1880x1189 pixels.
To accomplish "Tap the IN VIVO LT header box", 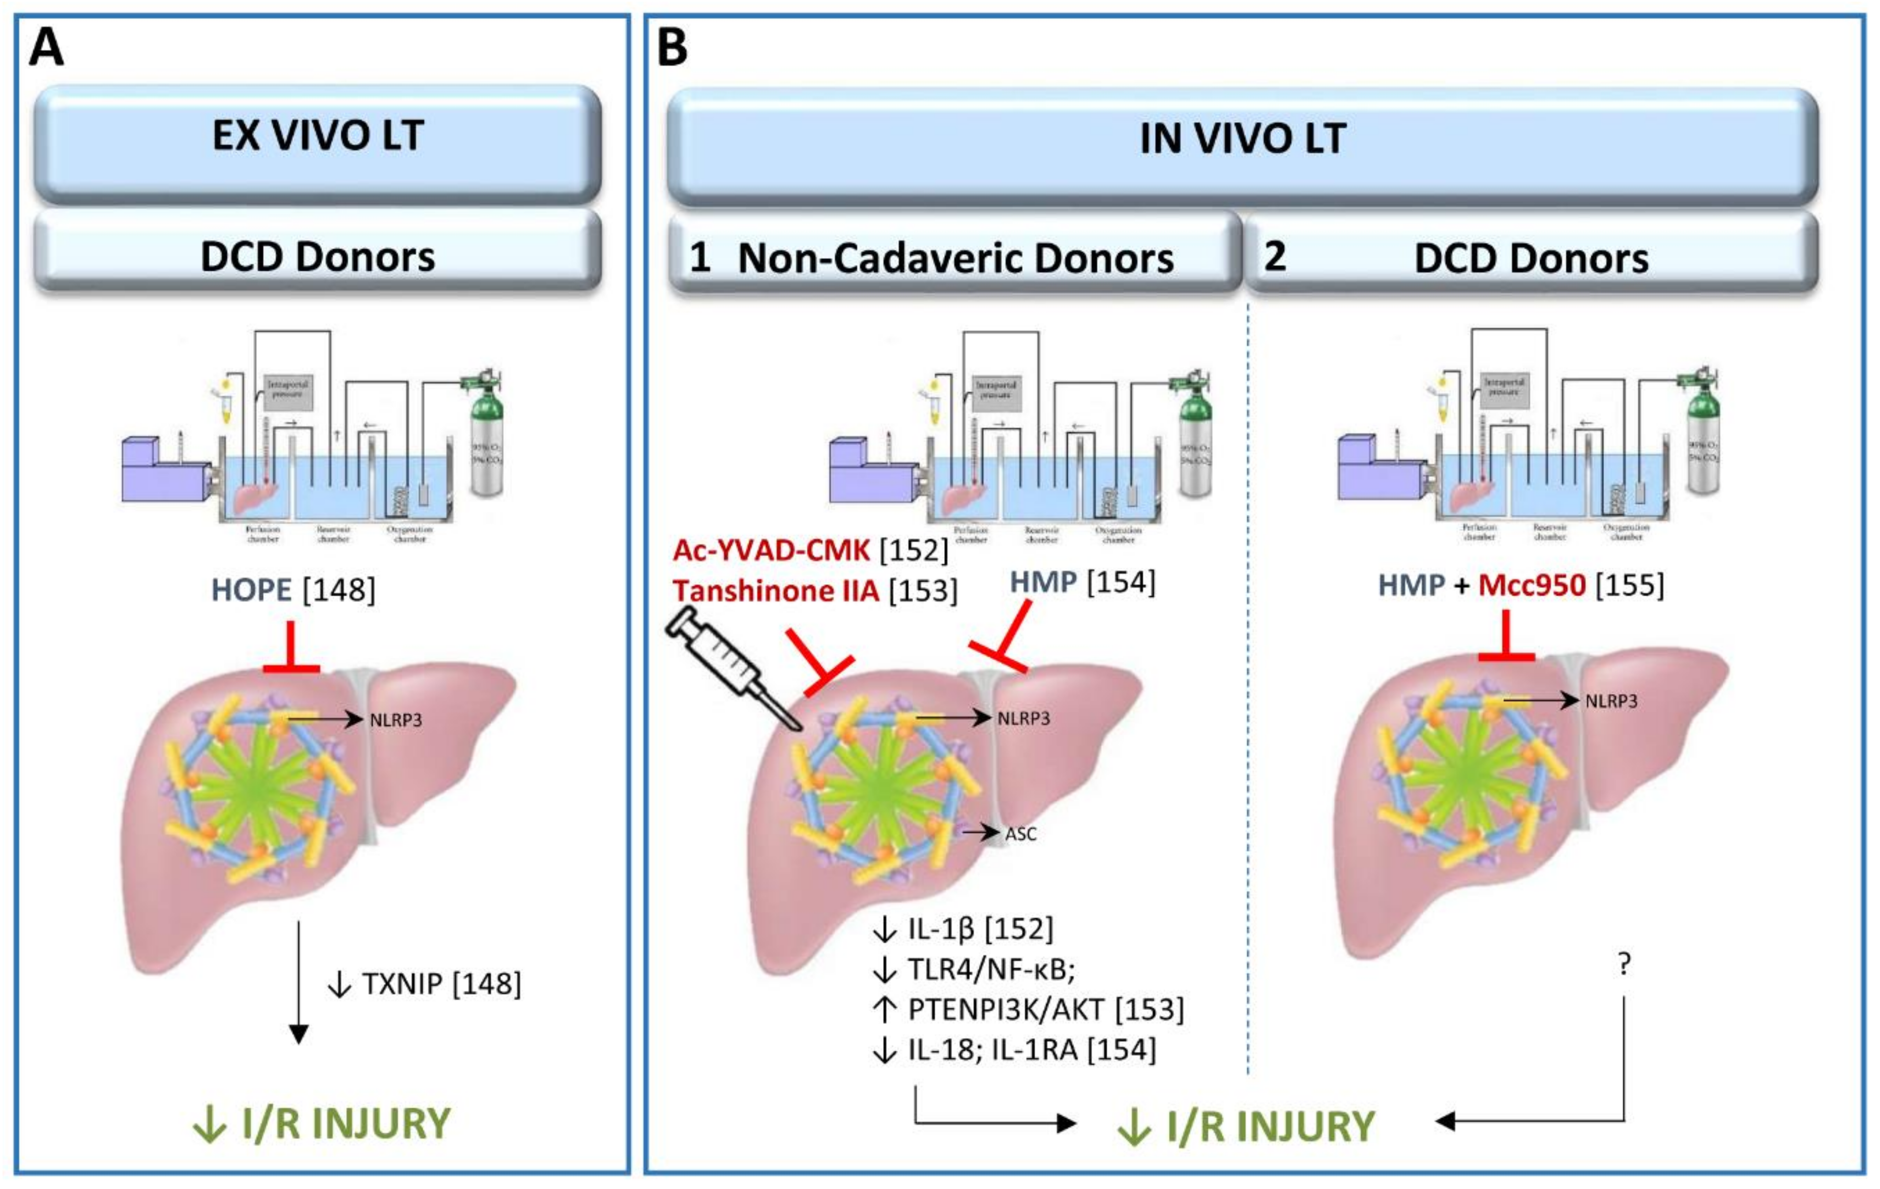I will [x=1242, y=139].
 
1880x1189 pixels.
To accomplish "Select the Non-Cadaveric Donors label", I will [x=955, y=257].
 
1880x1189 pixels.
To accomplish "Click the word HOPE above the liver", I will [x=251, y=590].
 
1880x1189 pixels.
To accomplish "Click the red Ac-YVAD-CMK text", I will [x=771, y=550].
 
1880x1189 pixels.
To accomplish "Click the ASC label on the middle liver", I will [x=1020, y=834].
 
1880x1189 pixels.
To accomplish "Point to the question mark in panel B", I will [x=1624, y=965].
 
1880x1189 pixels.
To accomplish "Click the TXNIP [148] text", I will [x=440, y=983].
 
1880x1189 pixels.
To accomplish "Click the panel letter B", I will [x=672, y=48].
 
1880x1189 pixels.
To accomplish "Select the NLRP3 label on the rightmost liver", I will [x=1610, y=701].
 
